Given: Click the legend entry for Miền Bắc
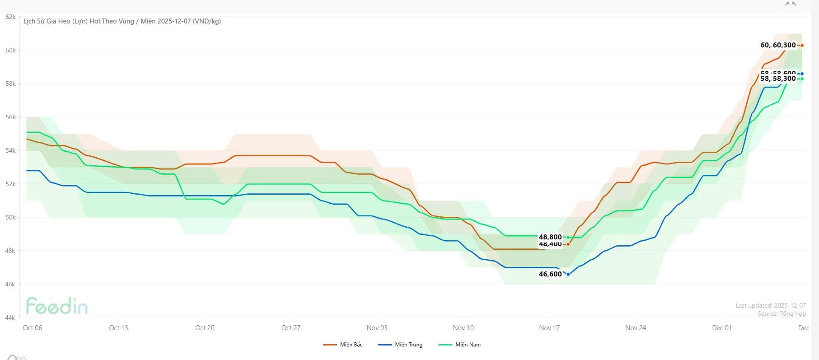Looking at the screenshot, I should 343,345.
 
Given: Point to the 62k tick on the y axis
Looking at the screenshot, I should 10,17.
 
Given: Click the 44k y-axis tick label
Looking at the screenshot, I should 10,318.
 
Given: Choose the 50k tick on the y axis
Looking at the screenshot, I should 10,217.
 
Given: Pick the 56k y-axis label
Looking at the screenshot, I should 10,117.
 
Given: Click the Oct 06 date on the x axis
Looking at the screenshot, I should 33,328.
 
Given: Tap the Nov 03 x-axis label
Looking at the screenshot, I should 377,328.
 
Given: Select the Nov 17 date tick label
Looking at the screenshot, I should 549,328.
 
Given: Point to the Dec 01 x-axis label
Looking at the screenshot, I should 721,328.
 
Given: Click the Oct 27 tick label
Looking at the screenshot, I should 291,328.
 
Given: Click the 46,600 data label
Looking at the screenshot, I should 550,274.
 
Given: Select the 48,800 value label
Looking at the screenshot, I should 550,237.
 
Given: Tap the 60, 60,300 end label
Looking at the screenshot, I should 778,45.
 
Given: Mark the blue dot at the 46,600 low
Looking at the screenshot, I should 568,274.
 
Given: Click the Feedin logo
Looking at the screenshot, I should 56,306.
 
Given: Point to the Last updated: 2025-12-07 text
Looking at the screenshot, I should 771,306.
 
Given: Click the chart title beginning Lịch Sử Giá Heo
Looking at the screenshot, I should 122,21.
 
